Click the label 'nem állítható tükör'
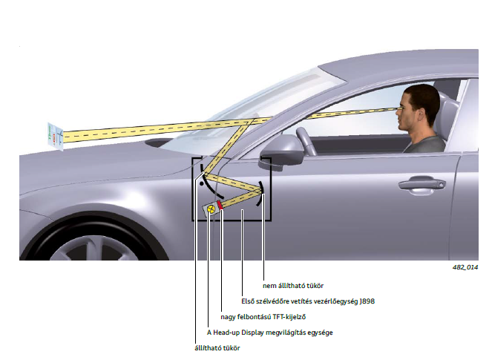[x=293, y=286]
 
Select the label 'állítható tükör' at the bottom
[x=217, y=348]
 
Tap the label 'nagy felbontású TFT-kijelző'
[x=263, y=317]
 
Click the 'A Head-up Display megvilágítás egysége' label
[x=270, y=333]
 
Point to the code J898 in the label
[x=367, y=301]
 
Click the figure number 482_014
[x=465, y=267]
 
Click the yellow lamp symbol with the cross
[x=211, y=209]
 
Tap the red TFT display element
[x=220, y=205]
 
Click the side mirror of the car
[x=281, y=151]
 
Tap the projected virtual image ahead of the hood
[x=55, y=137]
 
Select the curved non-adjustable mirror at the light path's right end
[x=260, y=193]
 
